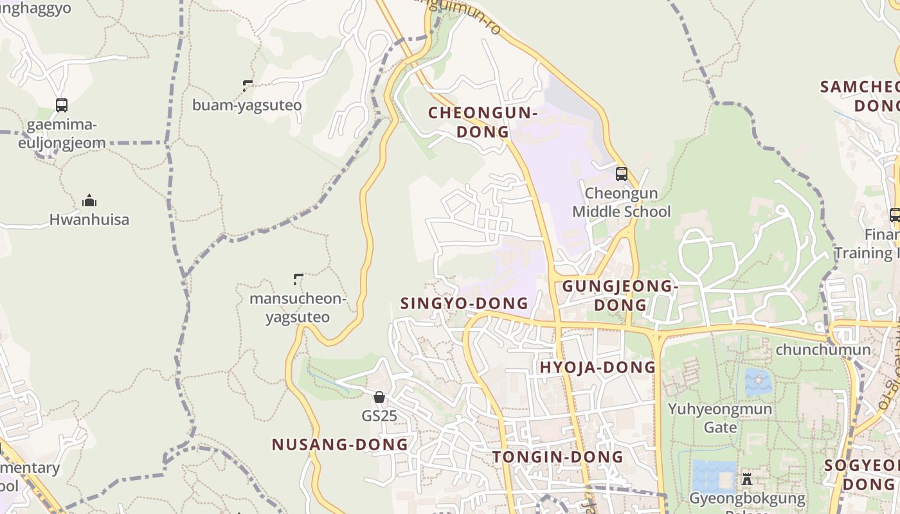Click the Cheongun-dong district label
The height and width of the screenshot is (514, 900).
coord(483,122)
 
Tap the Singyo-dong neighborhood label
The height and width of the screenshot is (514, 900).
coord(464,303)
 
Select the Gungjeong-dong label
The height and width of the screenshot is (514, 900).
coord(620,295)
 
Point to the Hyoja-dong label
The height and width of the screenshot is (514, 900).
coord(597,368)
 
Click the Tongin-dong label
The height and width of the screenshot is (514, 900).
coord(558,457)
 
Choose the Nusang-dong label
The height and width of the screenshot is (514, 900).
coord(339,444)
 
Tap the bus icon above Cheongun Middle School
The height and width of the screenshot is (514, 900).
coord(621,173)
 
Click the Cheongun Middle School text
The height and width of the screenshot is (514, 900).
coord(621,202)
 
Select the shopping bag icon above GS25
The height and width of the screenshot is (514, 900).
coord(379,397)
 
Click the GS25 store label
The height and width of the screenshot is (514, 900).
coord(379,416)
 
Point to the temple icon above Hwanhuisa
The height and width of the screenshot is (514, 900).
coord(89,200)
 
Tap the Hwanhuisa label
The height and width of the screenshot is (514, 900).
coord(89,220)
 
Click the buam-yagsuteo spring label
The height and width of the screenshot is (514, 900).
coord(247,105)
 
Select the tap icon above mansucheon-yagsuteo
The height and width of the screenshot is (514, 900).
coord(298,279)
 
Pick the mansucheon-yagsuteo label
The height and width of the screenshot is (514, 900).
coord(298,308)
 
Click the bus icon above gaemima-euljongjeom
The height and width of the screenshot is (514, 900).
coord(62,105)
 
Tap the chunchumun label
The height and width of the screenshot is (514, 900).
coord(823,350)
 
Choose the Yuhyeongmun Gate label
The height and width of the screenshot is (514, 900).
coord(720,418)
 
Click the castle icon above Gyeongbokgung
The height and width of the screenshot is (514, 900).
coord(746,479)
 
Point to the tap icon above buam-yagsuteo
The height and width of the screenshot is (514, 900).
coord(248,85)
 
